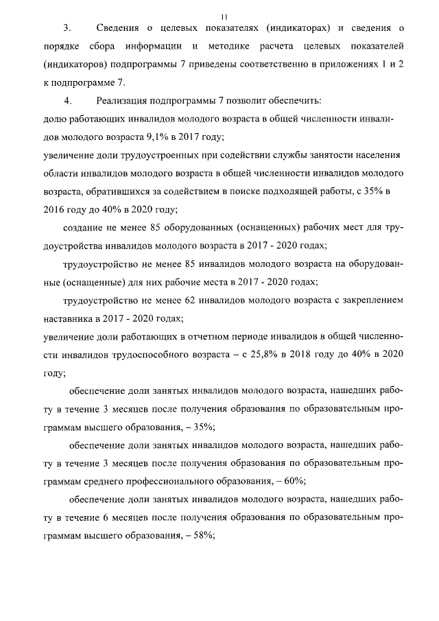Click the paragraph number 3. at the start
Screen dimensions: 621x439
[67, 28]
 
